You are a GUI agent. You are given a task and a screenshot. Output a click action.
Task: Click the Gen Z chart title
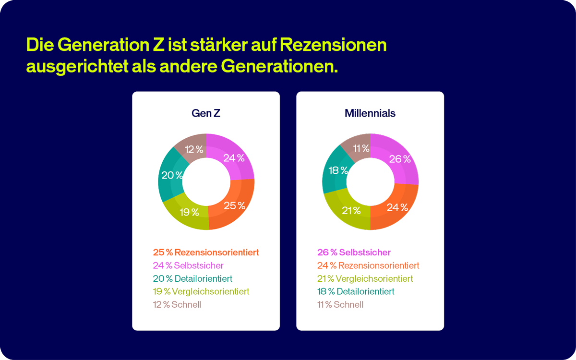click(206, 113)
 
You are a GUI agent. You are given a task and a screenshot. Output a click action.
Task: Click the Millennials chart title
click(370, 113)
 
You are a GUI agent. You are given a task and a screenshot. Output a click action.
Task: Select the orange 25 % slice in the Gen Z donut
click(234, 205)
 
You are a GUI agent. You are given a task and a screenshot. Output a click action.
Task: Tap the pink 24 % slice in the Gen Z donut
click(234, 158)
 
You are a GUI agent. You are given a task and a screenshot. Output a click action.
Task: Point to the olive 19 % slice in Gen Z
click(189, 212)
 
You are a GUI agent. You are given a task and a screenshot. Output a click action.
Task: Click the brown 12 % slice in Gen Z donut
click(194, 149)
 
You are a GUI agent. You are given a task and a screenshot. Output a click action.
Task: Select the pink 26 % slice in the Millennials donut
click(399, 159)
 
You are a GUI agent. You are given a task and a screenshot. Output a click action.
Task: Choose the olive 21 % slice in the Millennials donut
click(350, 210)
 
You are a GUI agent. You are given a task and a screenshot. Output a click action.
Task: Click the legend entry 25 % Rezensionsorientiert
click(206, 252)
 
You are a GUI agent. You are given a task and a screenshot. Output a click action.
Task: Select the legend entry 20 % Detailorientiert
click(192, 278)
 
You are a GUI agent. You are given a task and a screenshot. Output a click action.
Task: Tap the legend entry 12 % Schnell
click(177, 304)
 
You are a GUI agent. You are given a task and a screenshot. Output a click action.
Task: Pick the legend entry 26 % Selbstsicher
click(354, 252)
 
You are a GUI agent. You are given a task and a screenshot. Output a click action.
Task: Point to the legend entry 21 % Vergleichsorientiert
click(365, 278)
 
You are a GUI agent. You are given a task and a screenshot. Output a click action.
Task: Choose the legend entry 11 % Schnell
click(340, 304)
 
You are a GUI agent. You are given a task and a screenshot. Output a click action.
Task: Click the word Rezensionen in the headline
click(333, 45)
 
